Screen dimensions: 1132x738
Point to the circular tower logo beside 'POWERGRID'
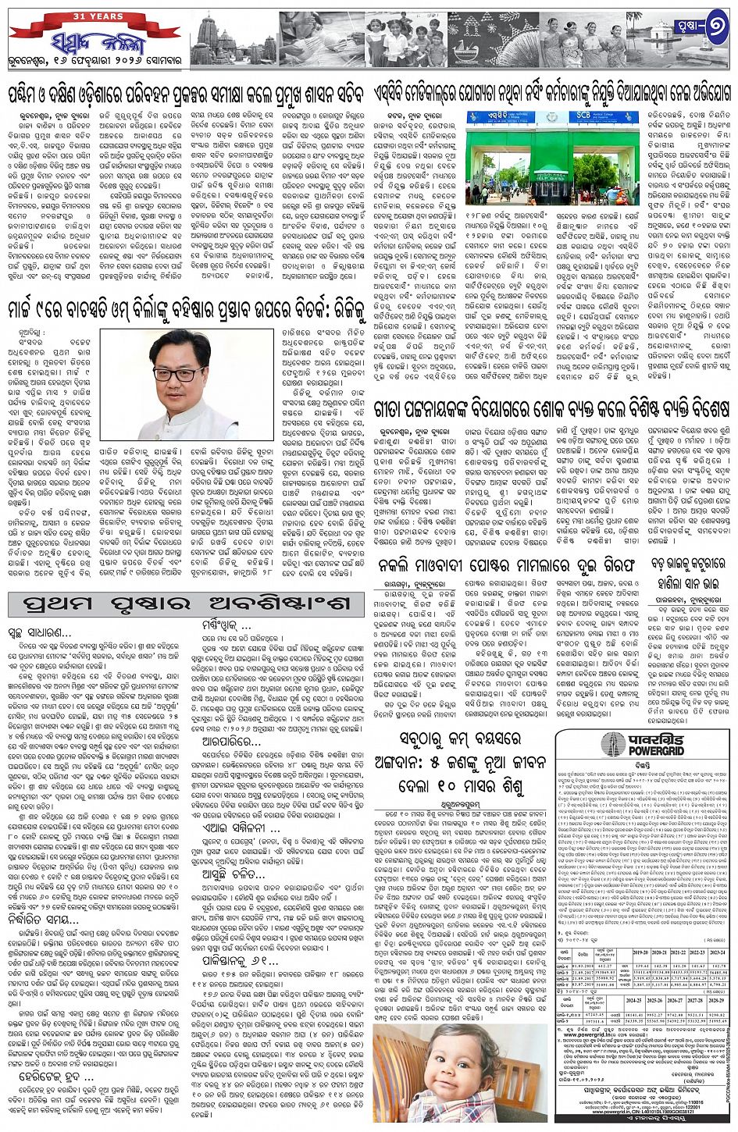582,744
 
